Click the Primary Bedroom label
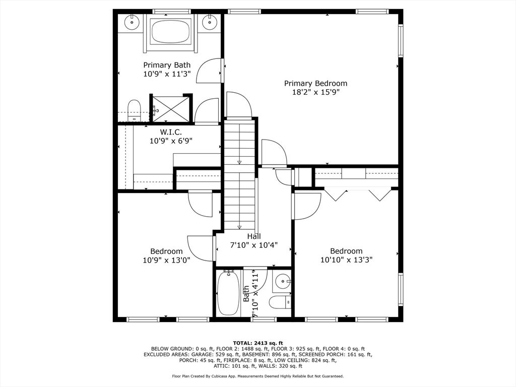pyautogui.click(x=315, y=83)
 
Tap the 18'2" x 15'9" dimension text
pyautogui.click(x=315, y=92)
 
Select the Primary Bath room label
pyautogui.click(x=167, y=65)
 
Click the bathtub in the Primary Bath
pyautogui.click(x=170, y=31)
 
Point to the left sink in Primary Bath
pyautogui.click(x=132, y=22)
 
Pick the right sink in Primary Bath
pyautogui.click(x=209, y=22)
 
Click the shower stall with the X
pyautogui.click(x=171, y=109)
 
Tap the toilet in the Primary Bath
pyautogui.click(x=134, y=110)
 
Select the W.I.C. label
pyautogui.click(x=171, y=132)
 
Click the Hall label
pyautogui.click(x=254, y=236)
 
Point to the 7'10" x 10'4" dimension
pyautogui.click(x=254, y=245)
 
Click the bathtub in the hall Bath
pyautogui.click(x=228, y=293)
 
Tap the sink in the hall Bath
pyautogui.click(x=282, y=282)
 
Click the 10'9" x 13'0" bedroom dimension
pyautogui.click(x=166, y=260)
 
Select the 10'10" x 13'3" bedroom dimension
pyautogui.click(x=347, y=260)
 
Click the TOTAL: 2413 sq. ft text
pyautogui.click(x=258, y=343)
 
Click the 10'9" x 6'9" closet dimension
pyautogui.click(x=171, y=141)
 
